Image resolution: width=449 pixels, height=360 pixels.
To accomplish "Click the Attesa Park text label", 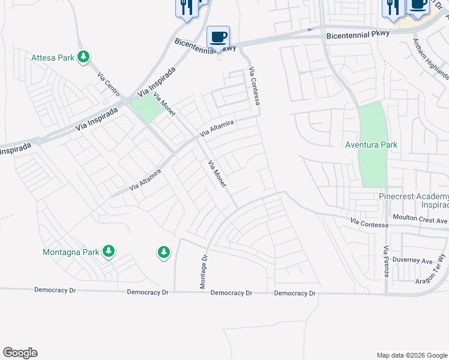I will tap(53, 58).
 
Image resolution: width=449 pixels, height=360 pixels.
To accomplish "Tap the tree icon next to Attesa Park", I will tap(85, 57).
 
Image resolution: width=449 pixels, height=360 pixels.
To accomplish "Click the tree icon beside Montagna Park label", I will tap(109, 251).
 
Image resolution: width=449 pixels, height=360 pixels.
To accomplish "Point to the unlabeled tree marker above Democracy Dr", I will tap(164, 253).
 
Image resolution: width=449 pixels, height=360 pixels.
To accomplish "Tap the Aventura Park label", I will tap(372, 145).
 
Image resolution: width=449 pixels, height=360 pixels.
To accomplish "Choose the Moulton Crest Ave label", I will tap(420, 219).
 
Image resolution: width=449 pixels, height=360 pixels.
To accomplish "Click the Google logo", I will tap(20, 353).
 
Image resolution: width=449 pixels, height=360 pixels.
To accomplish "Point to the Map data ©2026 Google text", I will tap(411, 355).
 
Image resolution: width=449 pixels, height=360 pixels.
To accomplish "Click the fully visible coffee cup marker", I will tap(218, 37).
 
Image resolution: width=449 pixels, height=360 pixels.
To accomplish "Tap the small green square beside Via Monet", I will tap(147, 109).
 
